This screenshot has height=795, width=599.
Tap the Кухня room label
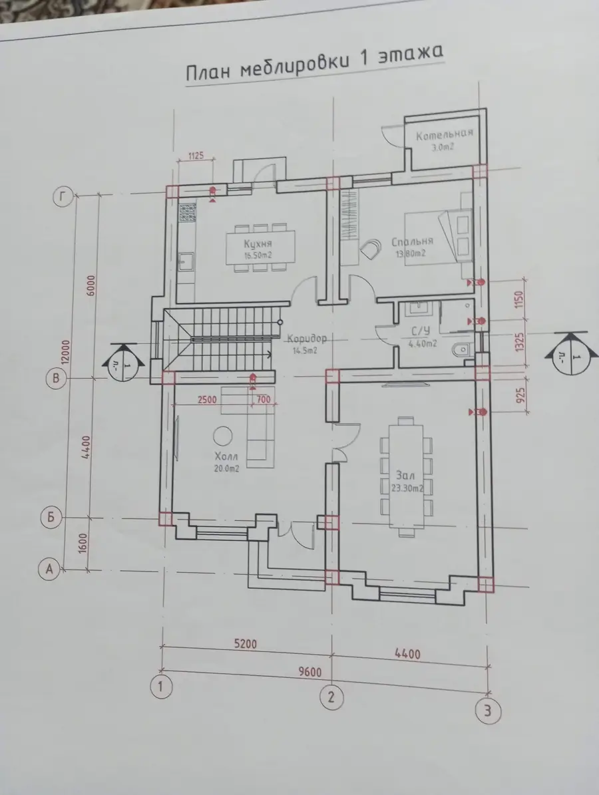258,243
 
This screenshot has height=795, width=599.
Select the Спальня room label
413,241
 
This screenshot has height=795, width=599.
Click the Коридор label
307,338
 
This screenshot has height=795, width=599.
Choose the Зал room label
406,476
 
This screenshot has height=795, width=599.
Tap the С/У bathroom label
420,332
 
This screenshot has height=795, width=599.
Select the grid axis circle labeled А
50,569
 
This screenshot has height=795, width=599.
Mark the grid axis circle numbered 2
331,698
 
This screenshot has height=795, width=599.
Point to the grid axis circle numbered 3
487,711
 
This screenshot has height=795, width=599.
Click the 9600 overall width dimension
310,673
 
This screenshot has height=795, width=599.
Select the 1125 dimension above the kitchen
196,155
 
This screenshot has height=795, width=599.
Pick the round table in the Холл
223,436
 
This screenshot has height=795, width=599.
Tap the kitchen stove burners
187,212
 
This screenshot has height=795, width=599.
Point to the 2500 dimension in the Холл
206,399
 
